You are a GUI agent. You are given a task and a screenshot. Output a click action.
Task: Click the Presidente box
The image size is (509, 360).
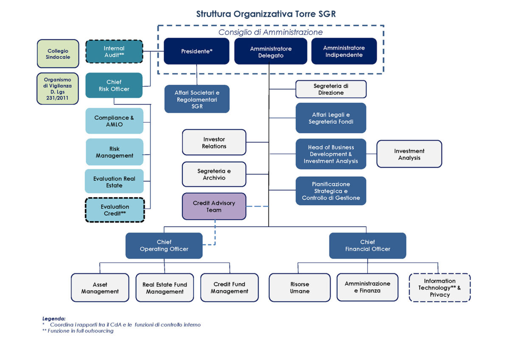point(196,51)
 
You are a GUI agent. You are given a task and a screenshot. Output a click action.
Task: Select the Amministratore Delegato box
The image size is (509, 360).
point(271,52)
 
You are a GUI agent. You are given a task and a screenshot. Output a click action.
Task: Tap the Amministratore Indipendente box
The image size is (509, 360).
point(344,51)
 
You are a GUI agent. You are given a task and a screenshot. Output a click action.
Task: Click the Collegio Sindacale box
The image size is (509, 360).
point(58,54)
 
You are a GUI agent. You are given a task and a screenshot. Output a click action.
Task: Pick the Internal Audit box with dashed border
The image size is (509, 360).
point(114,52)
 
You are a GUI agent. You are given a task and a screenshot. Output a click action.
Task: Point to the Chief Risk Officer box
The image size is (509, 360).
point(114,85)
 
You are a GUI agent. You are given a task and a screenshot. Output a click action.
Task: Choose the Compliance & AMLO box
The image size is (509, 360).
point(114,121)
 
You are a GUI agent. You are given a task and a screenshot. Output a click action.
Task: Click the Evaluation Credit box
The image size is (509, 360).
point(115,210)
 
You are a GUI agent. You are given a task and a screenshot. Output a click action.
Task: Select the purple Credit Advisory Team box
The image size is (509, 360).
point(214,207)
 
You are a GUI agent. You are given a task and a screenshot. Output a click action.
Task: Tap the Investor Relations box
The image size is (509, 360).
point(214,142)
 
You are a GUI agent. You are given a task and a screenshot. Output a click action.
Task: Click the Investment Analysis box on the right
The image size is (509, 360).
point(409,154)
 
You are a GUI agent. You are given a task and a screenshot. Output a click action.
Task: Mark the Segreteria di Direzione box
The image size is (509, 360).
point(331,89)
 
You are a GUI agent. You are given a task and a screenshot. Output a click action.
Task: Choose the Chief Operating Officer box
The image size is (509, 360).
point(164,246)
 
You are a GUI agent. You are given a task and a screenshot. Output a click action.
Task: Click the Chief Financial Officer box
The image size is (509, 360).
point(367,246)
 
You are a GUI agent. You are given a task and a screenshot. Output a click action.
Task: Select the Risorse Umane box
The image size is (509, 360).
point(299,287)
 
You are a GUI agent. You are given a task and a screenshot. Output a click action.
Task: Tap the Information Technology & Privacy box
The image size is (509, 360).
point(439,287)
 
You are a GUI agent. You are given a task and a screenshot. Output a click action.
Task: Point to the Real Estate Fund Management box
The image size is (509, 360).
point(165,287)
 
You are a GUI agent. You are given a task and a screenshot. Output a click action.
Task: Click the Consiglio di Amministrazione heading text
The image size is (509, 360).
point(270,32)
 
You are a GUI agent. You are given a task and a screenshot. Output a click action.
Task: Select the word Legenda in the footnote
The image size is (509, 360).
point(54,318)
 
